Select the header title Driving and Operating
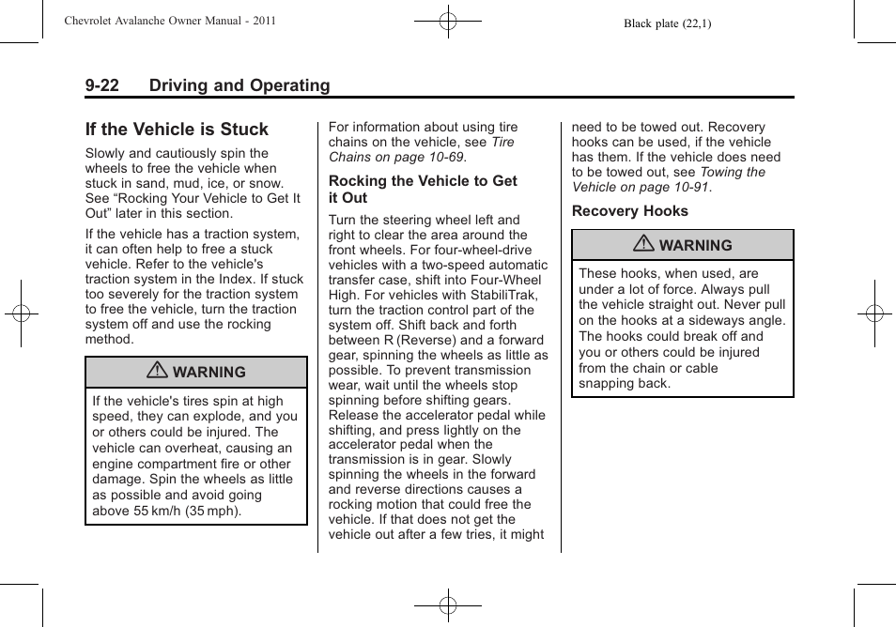coord(239,85)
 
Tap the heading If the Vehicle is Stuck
coord(177,130)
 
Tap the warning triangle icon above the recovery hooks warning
coord(643,245)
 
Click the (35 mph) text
coord(214,512)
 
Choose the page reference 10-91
coord(687,187)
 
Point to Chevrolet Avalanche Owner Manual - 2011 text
coord(170,21)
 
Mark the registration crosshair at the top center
coord(448,20)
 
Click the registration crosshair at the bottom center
coord(448,606)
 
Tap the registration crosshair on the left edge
coord(21,313)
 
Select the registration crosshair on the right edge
coord(874,313)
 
